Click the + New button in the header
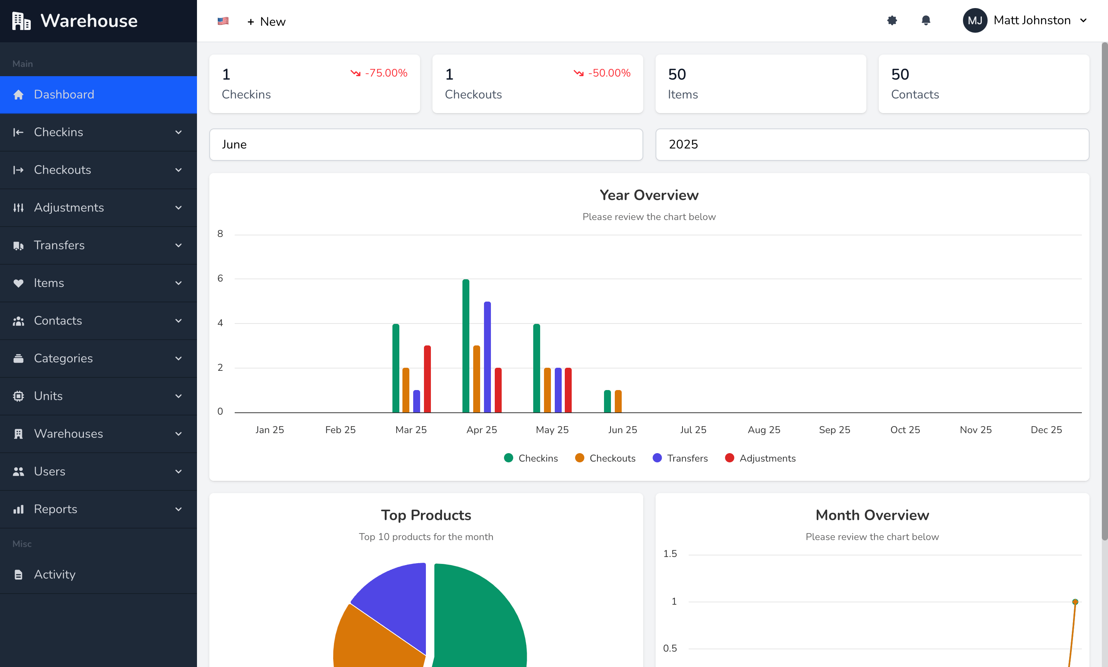[267, 22]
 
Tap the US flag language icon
[223, 21]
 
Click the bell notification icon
[926, 21]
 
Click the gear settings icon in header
[892, 21]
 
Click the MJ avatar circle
[975, 21]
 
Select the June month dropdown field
[426, 144]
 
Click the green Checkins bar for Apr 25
[466, 346]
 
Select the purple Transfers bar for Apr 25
[487, 357]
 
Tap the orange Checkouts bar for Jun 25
[618, 401]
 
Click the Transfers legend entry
[680, 458]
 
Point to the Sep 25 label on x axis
[834, 430]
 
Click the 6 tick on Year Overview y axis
[220, 278]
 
